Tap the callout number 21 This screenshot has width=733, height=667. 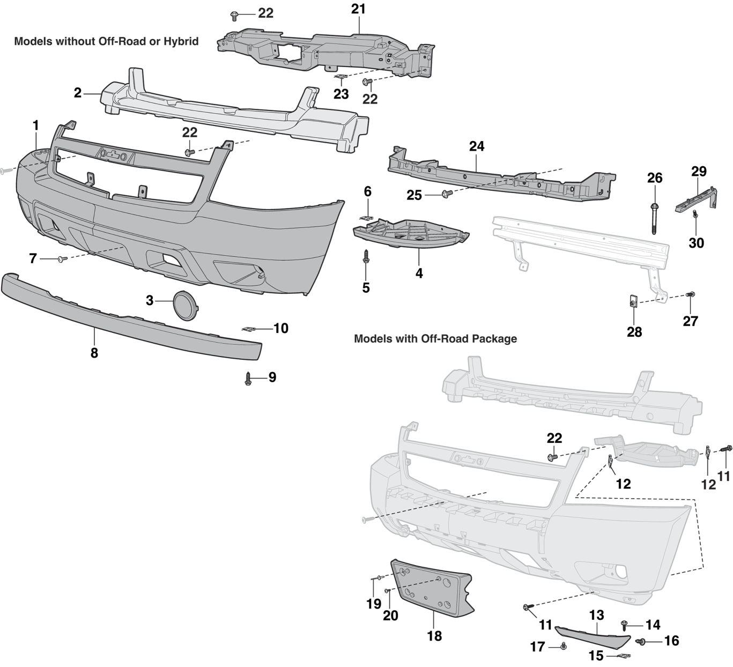click(x=358, y=9)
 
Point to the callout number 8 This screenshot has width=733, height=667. click(x=94, y=353)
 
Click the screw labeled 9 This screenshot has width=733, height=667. click(x=248, y=379)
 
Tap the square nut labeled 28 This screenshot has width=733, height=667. click(x=633, y=302)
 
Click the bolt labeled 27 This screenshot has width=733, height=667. click(x=690, y=294)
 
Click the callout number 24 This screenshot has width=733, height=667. click(x=476, y=146)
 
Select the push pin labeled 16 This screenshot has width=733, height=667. click(x=640, y=641)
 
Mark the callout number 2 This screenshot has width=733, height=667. click(x=78, y=93)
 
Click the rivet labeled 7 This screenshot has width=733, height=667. click(x=61, y=259)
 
